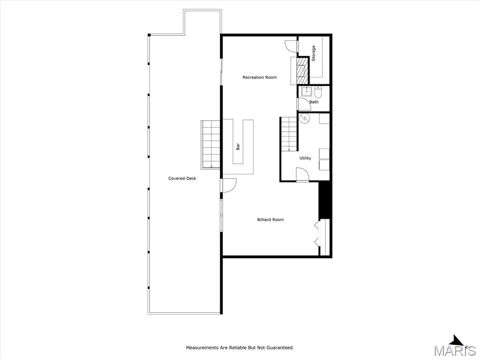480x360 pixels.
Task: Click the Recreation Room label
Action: (260, 77)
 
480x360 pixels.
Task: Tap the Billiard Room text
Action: (270, 219)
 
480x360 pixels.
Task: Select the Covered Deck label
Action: (182, 178)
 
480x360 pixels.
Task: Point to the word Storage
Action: (314, 53)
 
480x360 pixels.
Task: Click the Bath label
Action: (314, 102)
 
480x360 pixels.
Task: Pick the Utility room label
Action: (305, 158)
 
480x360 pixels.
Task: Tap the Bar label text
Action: (238, 147)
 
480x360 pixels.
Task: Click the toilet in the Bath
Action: (318, 91)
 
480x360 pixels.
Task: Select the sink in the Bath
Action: (306, 91)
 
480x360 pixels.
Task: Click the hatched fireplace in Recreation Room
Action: (302, 70)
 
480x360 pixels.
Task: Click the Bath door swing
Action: (304, 104)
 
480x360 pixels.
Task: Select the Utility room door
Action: (302, 174)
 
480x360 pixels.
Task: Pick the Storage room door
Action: (291, 46)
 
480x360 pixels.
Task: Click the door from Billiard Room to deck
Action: (229, 186)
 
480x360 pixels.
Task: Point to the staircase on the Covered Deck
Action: (210, 144)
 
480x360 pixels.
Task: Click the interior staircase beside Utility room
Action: (289, 134)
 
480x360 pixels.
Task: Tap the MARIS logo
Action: (454, 346)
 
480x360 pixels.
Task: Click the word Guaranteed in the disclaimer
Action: (280, 347)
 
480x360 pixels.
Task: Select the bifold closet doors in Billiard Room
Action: (317, 234)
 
